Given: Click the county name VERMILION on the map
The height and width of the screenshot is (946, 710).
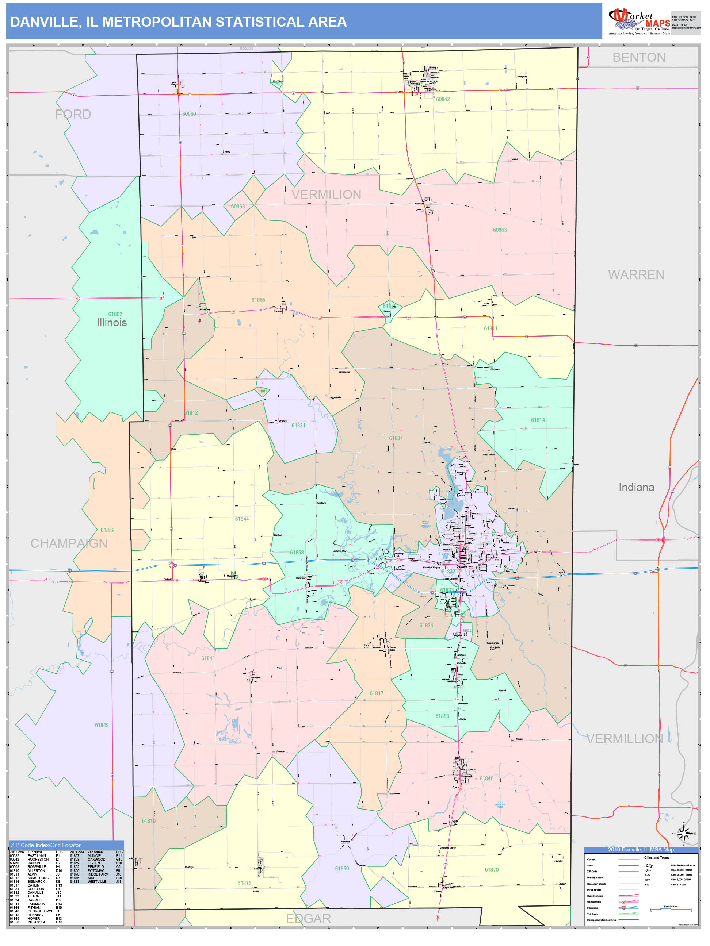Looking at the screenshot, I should pos(326,195).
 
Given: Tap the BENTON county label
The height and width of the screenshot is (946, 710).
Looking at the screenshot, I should pos(638,57).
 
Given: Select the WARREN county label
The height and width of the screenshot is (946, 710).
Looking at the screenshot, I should pos(636,274).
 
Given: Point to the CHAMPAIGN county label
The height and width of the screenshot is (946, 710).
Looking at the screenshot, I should pos(69,543).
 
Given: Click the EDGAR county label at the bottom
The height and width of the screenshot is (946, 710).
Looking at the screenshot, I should pos(308,918).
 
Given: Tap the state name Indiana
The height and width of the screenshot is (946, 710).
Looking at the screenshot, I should pos(636,487).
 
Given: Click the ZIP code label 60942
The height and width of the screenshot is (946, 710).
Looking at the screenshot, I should pos(443,99).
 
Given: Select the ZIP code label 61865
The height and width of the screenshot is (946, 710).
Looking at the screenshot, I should pos(258,300).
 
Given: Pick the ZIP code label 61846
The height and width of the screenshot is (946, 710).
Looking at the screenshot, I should pos(486,778).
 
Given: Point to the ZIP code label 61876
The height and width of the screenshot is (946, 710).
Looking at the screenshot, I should pos(244,883).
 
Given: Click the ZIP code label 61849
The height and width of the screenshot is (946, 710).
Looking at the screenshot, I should pos(102,725).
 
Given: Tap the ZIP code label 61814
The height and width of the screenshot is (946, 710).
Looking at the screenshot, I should pos(538,420).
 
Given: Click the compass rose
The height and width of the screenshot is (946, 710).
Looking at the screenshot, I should pos(683,834).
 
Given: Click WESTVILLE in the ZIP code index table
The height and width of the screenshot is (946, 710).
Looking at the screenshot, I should pos(97,881).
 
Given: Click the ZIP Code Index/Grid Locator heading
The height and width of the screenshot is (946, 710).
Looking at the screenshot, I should pos(45,845).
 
